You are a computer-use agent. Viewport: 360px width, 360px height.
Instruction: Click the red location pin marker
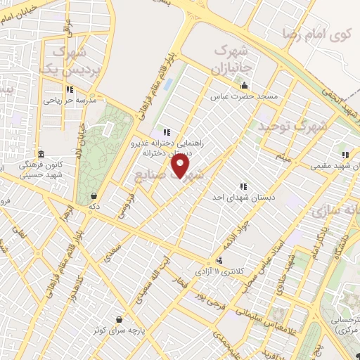click(x=181, y=166)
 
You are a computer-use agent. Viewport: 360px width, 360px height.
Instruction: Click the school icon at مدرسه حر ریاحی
click(x=69, y=89)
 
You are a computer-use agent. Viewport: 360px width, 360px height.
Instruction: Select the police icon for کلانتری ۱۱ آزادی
click(x=220, y=259)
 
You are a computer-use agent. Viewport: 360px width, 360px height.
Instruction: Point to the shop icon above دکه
click(x=94, y=195)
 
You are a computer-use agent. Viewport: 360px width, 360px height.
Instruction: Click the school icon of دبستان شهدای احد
click(x=243, y=186)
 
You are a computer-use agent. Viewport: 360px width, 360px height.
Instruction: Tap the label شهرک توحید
click(x=281, y=127)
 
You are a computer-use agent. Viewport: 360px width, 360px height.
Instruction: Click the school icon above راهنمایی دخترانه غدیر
click(x=167, y=131)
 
